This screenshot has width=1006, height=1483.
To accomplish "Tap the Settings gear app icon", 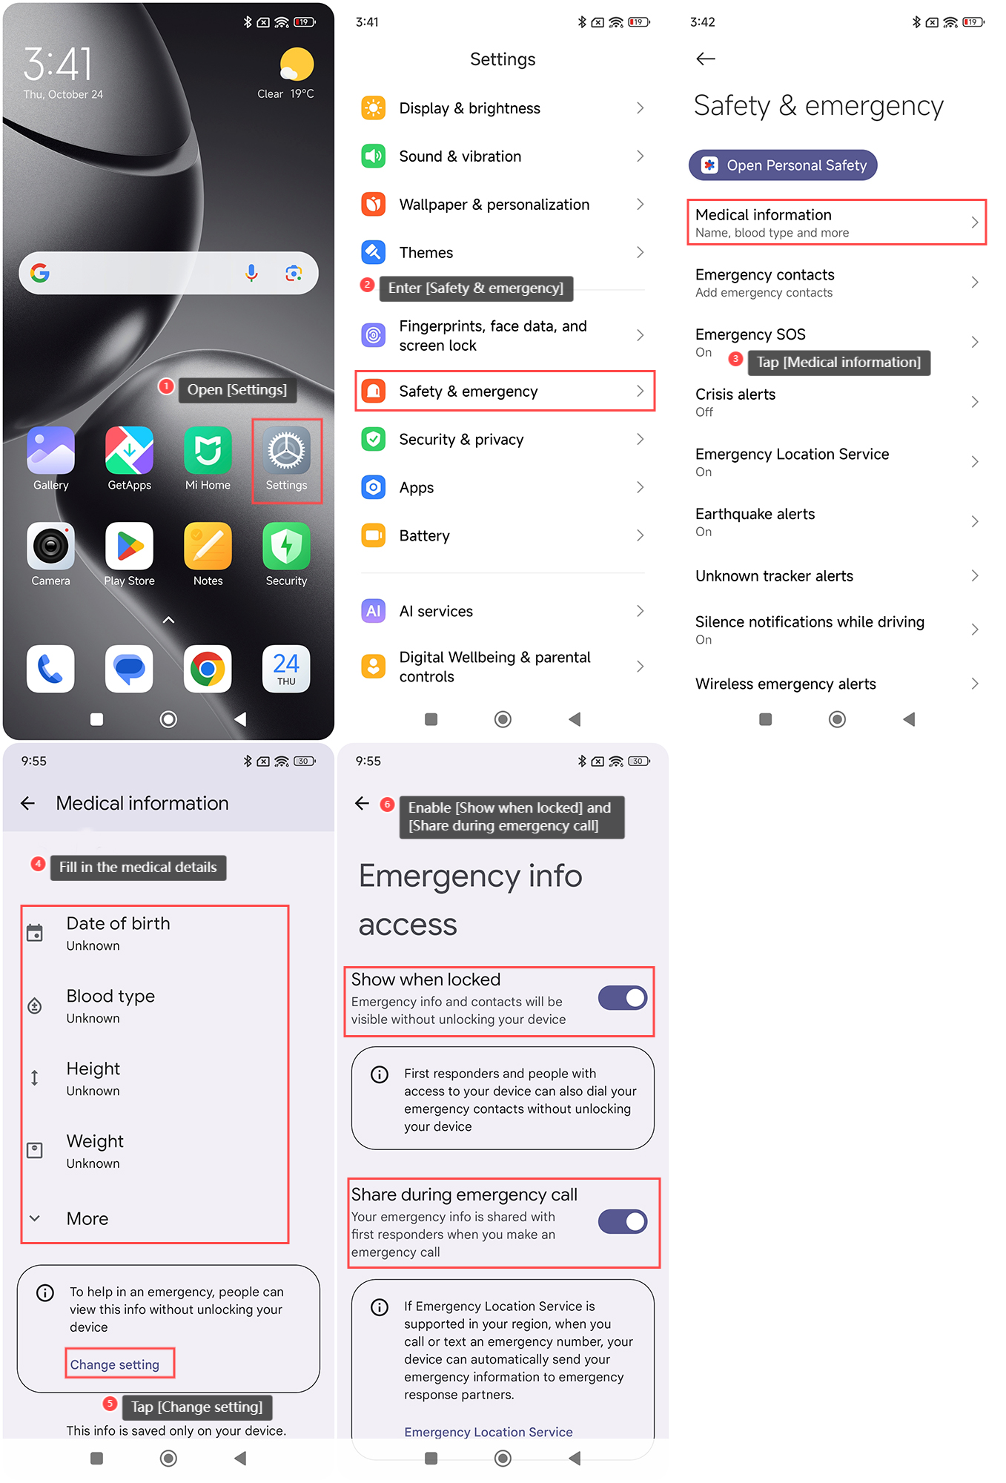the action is [x=286, y=450].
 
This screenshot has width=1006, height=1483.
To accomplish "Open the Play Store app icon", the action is [x=129, y=546].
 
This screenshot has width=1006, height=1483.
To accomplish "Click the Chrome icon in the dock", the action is [x=208, y=669].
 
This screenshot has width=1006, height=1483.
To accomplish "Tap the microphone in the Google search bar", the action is [x=251, y=273].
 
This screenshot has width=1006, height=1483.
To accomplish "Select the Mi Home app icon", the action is [x=208, y=450].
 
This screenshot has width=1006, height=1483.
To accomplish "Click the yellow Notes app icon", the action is [x=208, y=546].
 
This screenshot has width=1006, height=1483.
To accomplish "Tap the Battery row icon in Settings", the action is [x=374, y=535].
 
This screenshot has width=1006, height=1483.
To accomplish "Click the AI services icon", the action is [x=374, y=611].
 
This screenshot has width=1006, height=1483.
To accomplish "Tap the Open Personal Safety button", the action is [x=783, y=165].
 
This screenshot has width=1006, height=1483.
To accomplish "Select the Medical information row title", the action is [x=764, y=215].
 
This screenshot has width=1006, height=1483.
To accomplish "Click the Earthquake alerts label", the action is [x=755, y=514].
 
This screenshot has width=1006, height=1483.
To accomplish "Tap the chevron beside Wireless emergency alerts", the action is [x=975, y=684].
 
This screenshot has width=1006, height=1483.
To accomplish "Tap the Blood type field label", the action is [x=110, y=997].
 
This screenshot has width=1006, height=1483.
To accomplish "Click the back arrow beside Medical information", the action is [x=28, y=803].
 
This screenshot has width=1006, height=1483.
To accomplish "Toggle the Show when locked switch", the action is [x=623, y=998].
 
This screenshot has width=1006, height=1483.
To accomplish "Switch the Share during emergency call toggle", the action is [x=623, y=1221].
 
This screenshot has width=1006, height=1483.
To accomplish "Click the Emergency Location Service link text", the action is [x=489, y=1432].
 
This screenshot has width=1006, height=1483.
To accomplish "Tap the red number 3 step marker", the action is [x=735, y=359].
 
